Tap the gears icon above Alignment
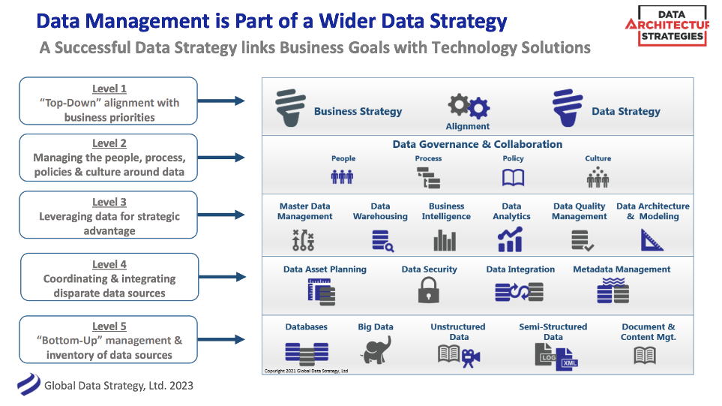[x=469, y=107]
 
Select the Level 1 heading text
[x=109, y=89]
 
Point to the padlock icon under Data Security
[x=429, y=290]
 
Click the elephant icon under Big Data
[x=376, y=350]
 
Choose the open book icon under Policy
[x=513, y=178]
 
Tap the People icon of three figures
[x=343, y=177]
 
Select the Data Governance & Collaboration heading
[x=477, y=144]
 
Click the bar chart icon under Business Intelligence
[x=445, y=241]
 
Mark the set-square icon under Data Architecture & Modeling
[x=652, y=240]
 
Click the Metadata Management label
[x=622, y=269]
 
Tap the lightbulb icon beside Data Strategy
[x=565, y=110]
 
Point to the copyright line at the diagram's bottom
[x=307, y=371]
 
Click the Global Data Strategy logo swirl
[x=28, y=384]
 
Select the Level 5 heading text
[x=109, y=326]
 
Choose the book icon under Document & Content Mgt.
[x=645, y=355]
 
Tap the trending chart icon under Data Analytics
[x=510, y=240]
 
